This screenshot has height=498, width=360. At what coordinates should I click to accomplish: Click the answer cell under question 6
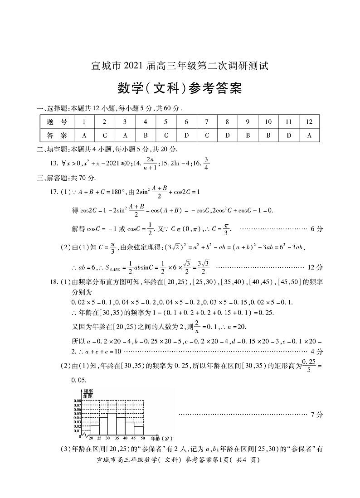coord(186,135)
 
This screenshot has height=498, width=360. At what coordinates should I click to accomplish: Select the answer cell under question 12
coord(309,135)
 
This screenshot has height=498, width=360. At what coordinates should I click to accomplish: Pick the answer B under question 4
coord(146,135)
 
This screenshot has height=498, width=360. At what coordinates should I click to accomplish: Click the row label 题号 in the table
coord(57,122)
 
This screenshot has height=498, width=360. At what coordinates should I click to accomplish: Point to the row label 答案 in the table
coord(57,135)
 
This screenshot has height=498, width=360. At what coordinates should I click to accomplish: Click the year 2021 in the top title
coord(133,66)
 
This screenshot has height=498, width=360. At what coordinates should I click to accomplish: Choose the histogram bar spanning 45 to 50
coord(139,430)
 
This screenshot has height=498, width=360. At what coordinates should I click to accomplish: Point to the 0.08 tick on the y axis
coord(77,401)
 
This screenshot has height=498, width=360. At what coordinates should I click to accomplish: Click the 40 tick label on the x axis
coord(125,439)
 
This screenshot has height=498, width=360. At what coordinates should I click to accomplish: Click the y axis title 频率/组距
coord(88,393)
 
